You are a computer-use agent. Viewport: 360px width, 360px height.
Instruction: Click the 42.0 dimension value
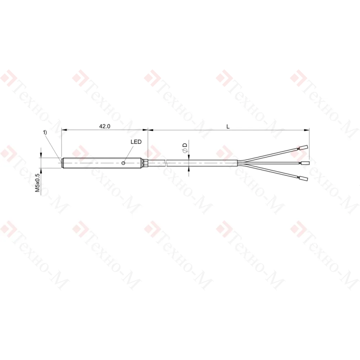(x=105, y=126)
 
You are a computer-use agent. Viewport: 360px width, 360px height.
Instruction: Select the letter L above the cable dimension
(x=228, y=126)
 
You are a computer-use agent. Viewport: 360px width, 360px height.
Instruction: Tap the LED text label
(x=136, y=142)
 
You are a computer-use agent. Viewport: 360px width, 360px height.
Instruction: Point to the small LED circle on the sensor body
(x=123, y=163)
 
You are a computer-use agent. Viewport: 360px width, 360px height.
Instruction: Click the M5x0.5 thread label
(x=37, y=183)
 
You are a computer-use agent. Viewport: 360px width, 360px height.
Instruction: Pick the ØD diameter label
(x=185, y=147)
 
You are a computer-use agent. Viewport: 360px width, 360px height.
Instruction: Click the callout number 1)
(x=45, y=132)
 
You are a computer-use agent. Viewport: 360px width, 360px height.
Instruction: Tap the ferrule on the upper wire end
(x=304, y=147)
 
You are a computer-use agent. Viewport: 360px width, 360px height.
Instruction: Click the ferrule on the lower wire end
(x=303, y=179)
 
